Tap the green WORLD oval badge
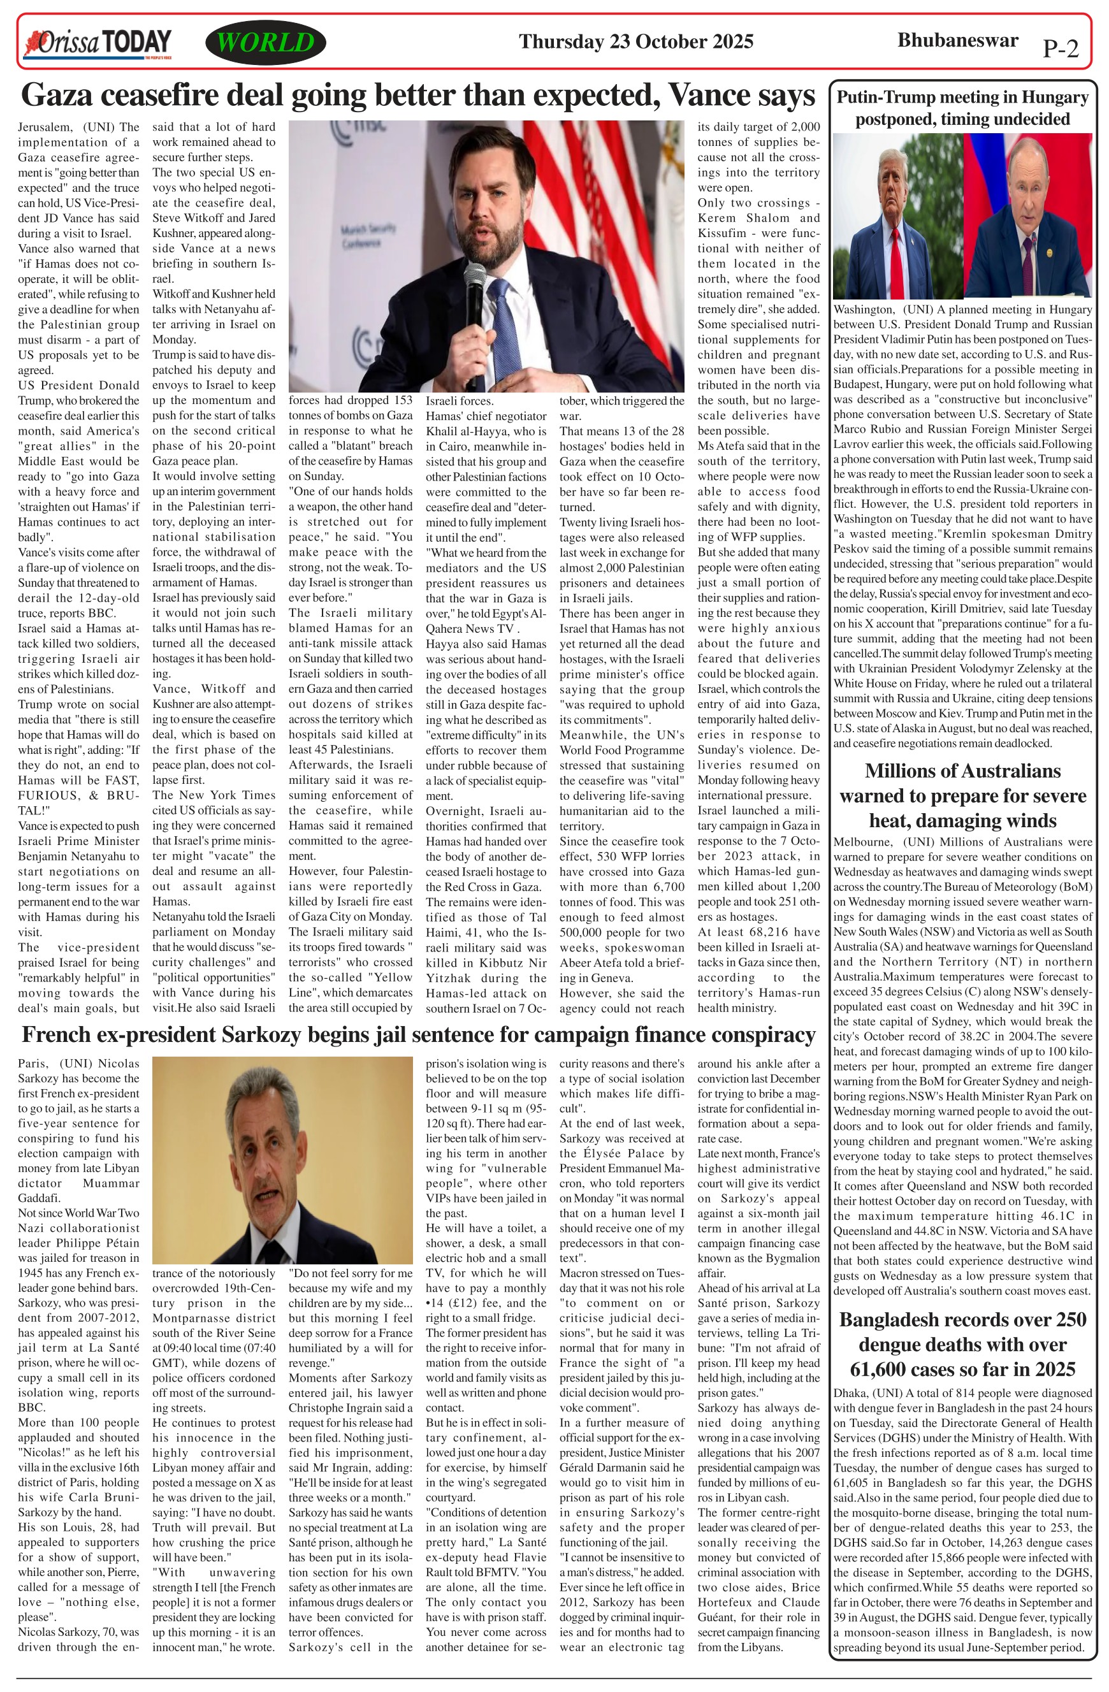coord(265,43)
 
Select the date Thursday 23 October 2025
coord(635,41)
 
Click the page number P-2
coord(1060,48)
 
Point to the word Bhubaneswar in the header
coord(957,40)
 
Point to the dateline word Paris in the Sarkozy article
coord(33,1064)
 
